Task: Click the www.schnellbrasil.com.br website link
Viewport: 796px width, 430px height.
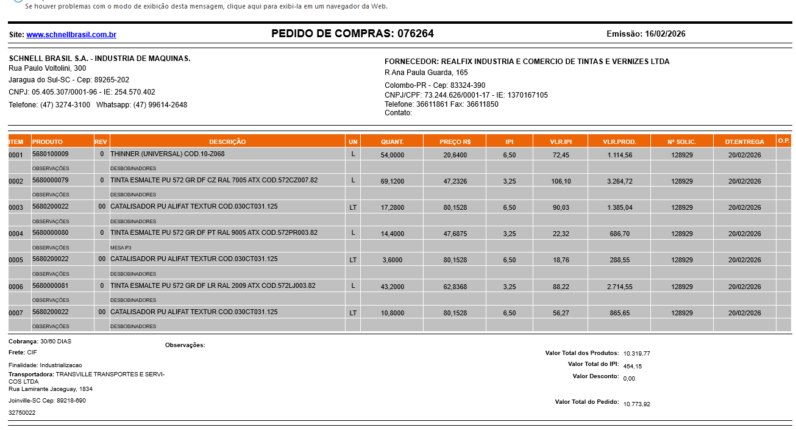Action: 71,35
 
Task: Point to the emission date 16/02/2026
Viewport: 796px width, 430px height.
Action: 665,34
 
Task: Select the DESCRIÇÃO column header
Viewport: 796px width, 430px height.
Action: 227,142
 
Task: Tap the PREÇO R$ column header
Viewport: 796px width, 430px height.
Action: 455,142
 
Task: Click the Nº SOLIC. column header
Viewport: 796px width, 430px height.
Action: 681,142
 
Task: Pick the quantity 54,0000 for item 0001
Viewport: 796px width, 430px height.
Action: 392,156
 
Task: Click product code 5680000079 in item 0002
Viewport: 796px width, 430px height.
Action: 50,181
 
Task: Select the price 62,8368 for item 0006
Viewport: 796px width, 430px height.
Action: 455,287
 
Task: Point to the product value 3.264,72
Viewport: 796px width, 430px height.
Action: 620,182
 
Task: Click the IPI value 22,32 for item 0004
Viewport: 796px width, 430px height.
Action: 561,234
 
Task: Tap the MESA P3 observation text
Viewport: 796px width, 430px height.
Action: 121,248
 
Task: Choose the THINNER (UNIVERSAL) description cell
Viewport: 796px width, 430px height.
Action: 167,154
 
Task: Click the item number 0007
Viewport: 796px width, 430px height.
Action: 16,314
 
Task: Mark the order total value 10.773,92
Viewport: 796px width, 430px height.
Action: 637,404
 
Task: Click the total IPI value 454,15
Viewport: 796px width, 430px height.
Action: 633,366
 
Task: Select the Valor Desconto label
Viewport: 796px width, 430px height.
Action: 595,376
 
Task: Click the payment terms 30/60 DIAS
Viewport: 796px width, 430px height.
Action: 55,342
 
